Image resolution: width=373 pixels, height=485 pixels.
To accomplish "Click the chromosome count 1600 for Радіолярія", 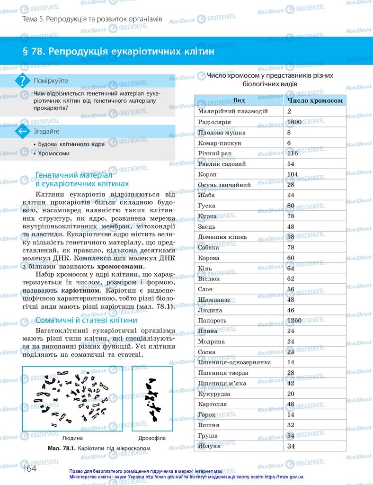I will point(294,122).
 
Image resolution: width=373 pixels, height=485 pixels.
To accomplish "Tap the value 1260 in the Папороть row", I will point(294,320).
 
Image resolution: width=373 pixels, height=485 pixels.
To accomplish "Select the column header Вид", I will point(239,100).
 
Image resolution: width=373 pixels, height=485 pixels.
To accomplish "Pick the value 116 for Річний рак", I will point(292,153).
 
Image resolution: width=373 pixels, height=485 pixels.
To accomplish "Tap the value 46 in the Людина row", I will point(291,310).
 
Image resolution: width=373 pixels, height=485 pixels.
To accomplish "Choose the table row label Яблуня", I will point(209,446).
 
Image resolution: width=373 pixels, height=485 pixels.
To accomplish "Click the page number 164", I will point(29,468).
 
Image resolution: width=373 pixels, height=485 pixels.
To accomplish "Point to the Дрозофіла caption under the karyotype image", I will point(152,438).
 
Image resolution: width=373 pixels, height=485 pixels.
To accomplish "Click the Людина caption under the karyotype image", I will point(72,438).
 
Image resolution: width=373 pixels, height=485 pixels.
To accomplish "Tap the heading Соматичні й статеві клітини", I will point(86,320).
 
